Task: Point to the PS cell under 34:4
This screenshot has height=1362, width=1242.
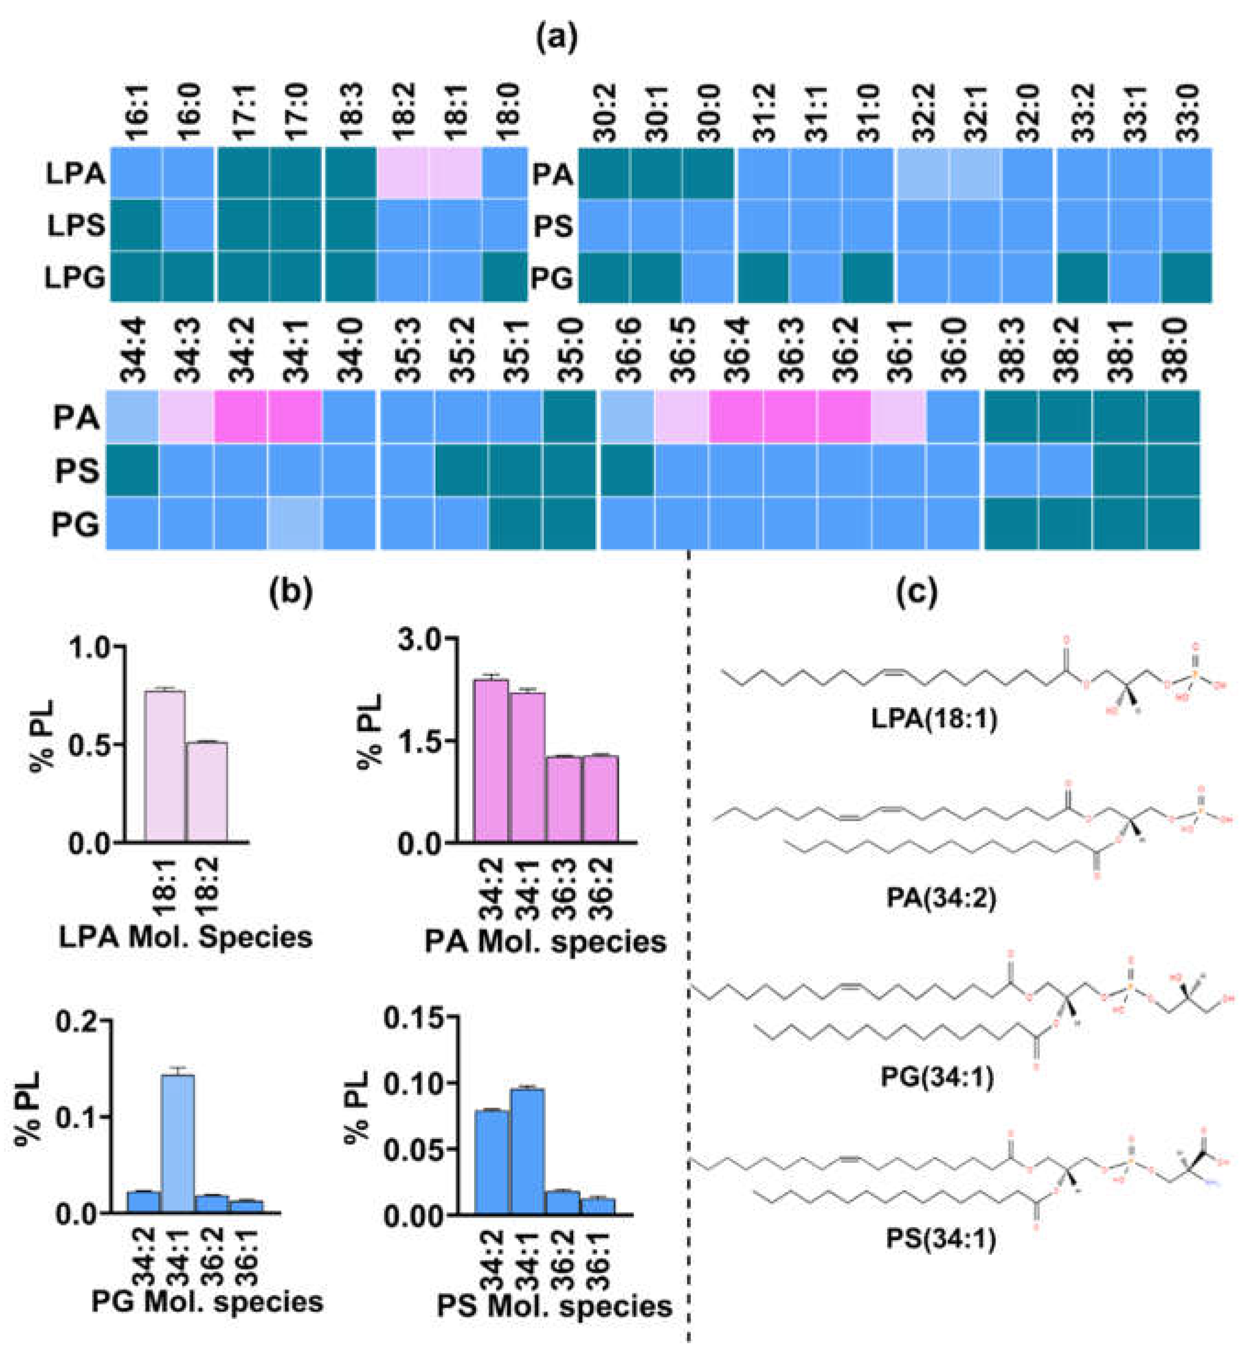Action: point(133,470)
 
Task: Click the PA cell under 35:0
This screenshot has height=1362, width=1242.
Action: point(571,418)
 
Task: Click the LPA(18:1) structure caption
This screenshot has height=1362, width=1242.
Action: point(934,720)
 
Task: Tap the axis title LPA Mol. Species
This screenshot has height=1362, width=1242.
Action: point(186,938)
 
